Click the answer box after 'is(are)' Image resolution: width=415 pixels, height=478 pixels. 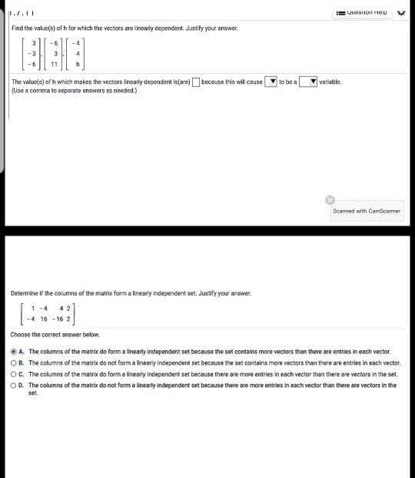click(x=197, y=81)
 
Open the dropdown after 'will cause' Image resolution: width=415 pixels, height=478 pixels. click(x=271, y=81)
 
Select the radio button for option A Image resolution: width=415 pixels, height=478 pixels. click(x=14, y=351)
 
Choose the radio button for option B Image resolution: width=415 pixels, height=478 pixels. click(x=14, y=362)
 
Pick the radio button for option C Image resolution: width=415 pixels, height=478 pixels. click(x=14, y=373)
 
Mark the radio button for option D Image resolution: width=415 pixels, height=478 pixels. click(x=14, y=383)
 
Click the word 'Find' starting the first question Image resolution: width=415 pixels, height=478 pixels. click(x=18, y=28)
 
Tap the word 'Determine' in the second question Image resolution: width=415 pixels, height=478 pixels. click(x=25, y=292)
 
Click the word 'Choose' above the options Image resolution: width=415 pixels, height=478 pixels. click(x=22, y=336)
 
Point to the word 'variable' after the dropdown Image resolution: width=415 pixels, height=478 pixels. click(x=330, y=81)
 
